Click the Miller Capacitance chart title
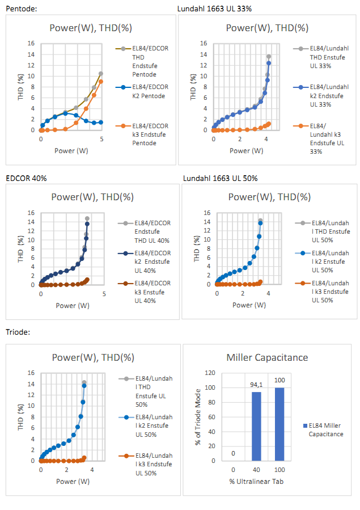pyautogui.click(x=267, y=357)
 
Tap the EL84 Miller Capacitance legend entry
pyautogui.click(x=328, y=429)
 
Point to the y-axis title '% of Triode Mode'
pyautogui.click(x=198, y=417)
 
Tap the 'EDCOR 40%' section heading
pyautogui.click(x=26, y=178)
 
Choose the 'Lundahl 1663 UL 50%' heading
pyautogui.click(x=220, y=178)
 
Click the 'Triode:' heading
pyautogui.click(x=18, y=332)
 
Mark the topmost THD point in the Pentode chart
pyautogui.click(x=101, y=74)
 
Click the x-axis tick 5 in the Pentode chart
pyautogui.click(x=101, y=139)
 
